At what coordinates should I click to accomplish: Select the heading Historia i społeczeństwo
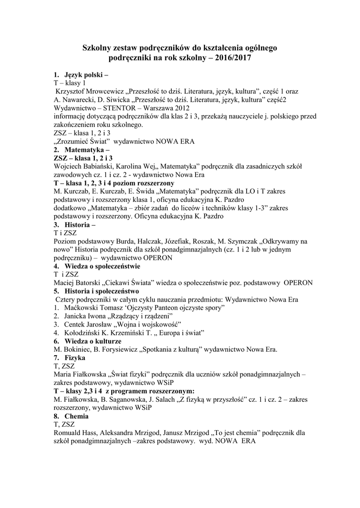click(x=102, y=291)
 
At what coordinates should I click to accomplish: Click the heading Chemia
click(x=76, y=416)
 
